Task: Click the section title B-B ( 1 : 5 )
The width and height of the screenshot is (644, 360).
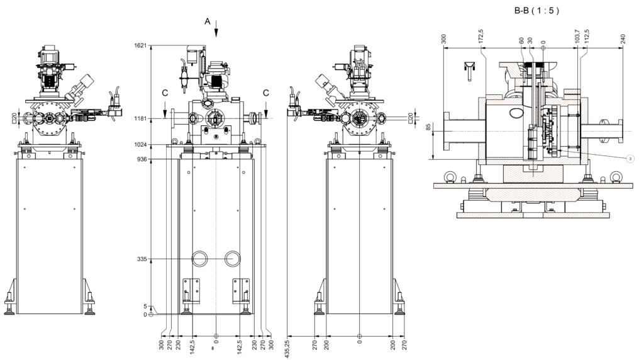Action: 536,11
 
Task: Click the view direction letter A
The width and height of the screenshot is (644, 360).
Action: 208,21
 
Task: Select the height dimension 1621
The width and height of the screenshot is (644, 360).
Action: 140,46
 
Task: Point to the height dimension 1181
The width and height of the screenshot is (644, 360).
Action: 140,118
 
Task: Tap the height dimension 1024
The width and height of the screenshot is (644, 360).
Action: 140,145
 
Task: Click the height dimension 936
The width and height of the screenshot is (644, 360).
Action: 142,159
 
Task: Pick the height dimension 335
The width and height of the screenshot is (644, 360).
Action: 142,259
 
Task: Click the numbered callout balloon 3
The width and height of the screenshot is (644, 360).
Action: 630,159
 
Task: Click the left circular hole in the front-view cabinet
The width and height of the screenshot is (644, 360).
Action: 201,258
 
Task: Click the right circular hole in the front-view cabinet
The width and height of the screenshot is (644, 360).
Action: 232,258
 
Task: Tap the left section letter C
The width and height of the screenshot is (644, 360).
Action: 165,93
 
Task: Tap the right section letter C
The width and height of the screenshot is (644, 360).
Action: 266,93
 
